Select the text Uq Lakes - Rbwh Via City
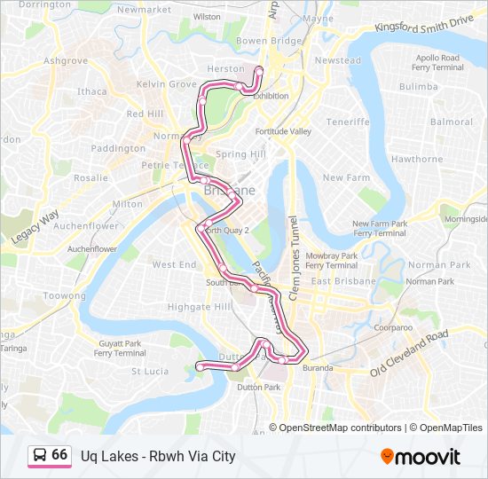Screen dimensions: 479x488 [x=158, y=457]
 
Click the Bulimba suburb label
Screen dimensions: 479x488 [x=418, y=87]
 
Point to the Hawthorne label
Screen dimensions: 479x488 [x=416, y=160]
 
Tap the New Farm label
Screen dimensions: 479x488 [x=346, y=177]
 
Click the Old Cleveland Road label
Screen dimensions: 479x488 [x=412, y=351]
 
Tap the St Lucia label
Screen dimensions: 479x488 [x=150, y=371]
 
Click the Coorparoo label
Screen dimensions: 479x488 [x=393, y=327]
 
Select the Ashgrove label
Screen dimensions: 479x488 [x=66, y=61]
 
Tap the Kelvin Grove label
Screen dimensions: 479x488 [x=166, y=84]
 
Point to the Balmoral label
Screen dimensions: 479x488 [x=452, y=122]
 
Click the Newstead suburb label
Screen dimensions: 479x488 [x=338, y=60]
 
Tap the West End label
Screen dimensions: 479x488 [x=174, y=264]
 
